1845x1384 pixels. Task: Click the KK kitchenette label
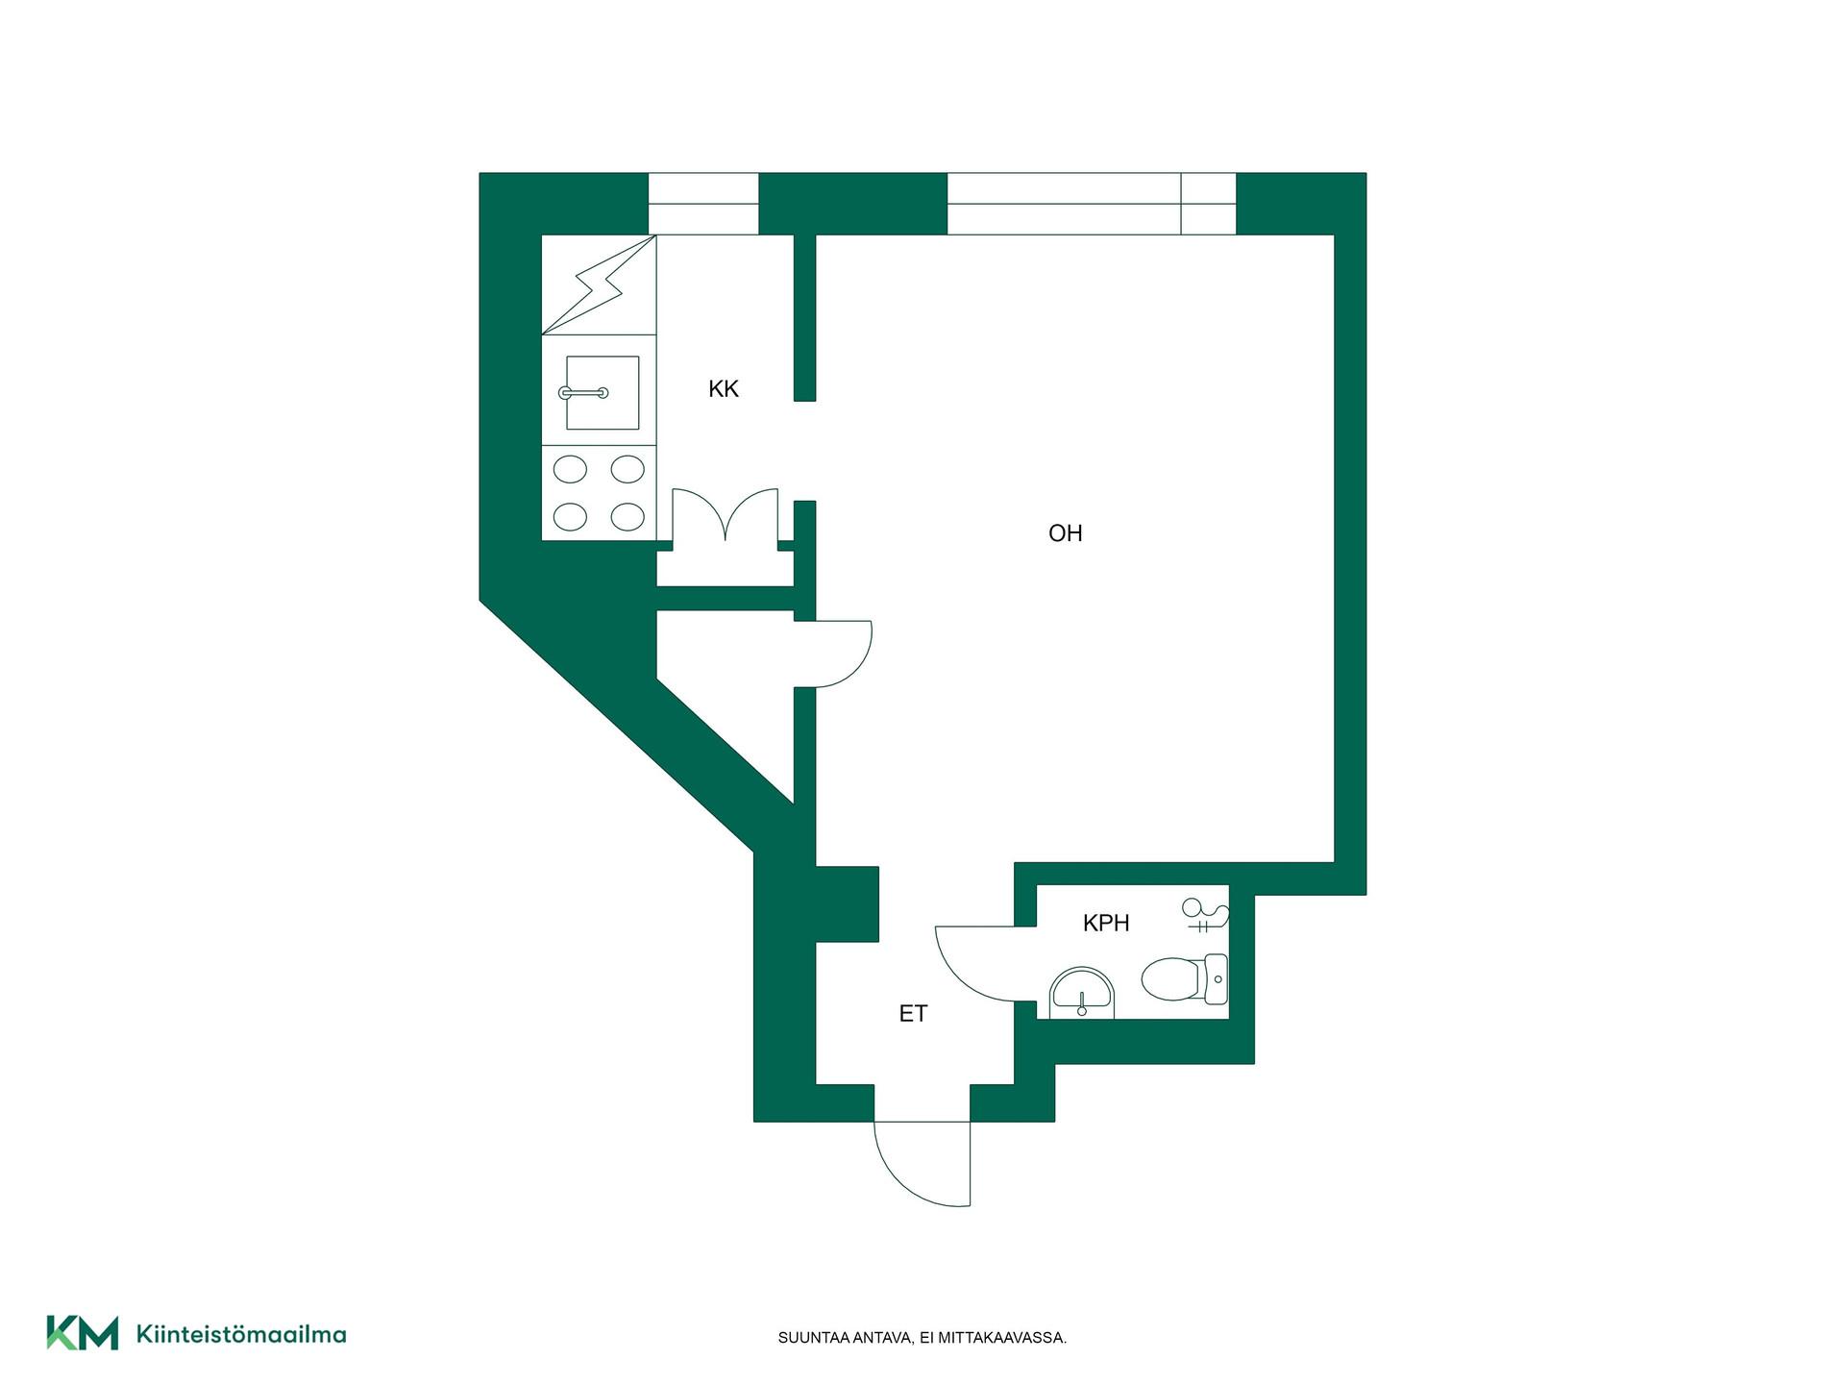coord(724,389)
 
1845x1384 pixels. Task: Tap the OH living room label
coord(1065,533)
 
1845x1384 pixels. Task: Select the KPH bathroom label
coord(1106,924)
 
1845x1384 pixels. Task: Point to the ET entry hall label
coord(913,1014)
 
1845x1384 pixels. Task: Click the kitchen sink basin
coord(603,392)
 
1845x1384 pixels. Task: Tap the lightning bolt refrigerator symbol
coord(598,284)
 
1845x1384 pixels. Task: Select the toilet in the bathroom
coord(1184,979)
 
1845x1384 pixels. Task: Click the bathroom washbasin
coord(1082,992)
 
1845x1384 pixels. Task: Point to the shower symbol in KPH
coord(1205,915)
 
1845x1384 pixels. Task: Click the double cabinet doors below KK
coord(725,516)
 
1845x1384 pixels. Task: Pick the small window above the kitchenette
coord(703,204)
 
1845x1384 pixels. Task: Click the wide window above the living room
coord(1092,204)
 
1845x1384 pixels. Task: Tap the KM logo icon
coord(83,1333)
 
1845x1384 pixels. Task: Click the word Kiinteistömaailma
coord(241,1334)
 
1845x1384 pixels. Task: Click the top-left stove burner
coord(571,470)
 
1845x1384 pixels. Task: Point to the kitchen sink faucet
coord(583,393)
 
